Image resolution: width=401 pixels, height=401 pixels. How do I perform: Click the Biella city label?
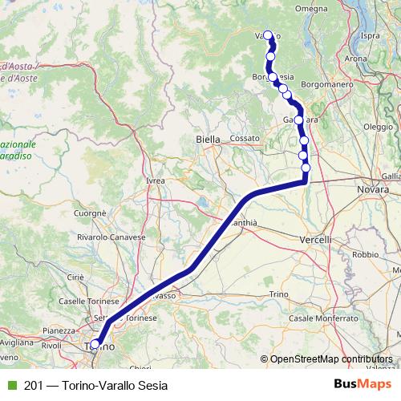click(x=208, y=140)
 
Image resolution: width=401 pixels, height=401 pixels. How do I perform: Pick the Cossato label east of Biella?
click(x=245, y=138)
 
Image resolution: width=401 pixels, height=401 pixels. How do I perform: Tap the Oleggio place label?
click(x=378, y=127)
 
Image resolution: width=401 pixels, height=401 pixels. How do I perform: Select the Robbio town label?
click(x=364, y=253)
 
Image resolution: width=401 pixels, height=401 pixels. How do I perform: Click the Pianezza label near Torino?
click(x=59, y=330)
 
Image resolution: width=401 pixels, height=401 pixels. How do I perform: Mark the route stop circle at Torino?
click(x=95, y=346)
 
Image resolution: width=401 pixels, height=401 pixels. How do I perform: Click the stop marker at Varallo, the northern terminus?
click(x=269, y=36)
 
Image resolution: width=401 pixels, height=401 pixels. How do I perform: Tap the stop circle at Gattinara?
click(x=299, y=120)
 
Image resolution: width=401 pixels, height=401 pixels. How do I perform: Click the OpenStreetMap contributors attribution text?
click(x=330, y=359)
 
